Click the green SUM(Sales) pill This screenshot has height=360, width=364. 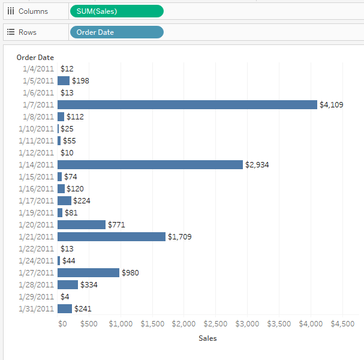[x=116, y=11]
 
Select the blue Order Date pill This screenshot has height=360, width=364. [x=116, y=32]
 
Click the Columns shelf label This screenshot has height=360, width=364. [x=33, y=11]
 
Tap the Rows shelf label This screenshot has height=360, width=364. [x=27, y=32]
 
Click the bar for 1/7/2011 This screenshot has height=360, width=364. [x=187, y=104]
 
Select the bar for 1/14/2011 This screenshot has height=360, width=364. [x=150, y=164]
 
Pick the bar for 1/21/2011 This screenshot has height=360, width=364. [x=111, y=236]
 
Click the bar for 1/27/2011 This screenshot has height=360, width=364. [x=88, y=272]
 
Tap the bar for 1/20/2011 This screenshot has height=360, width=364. [x=82, y=224]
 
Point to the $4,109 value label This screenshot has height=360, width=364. [x=331, y=105]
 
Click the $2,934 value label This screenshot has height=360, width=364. [x=257, y=165]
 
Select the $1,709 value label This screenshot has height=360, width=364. [x=179, y=237]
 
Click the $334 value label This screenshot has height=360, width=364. [x=89, y=285]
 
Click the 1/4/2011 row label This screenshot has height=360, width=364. [x=38, y=68]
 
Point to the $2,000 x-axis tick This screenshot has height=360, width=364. [x=183, y=324]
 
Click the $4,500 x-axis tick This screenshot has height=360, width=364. [x=342, y=324]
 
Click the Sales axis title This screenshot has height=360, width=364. [x=207, y=338]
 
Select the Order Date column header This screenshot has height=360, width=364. [x=35, y=58]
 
